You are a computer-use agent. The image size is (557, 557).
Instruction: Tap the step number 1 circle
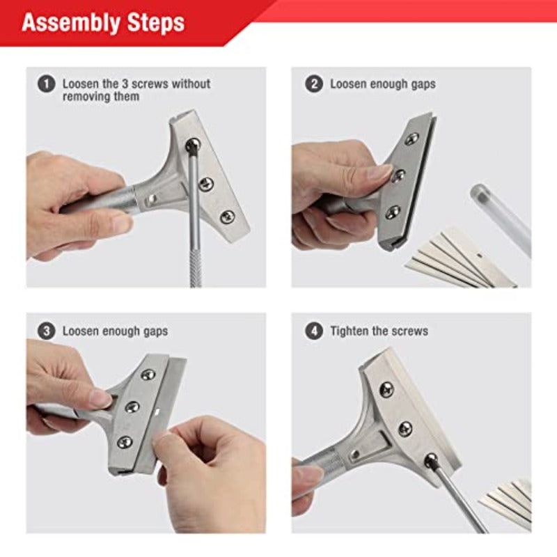(46, 84)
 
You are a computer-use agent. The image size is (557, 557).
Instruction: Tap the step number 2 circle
(314, 84)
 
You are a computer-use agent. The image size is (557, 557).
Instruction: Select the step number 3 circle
(46, 331)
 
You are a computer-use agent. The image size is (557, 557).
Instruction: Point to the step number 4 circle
(314, 331)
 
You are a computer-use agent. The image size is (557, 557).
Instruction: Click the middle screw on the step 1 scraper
(206, 184)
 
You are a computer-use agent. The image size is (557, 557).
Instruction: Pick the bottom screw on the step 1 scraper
(227, 217)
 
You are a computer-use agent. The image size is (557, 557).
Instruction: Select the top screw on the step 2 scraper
(411, 139)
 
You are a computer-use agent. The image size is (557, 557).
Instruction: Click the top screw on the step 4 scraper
(386, 389)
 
